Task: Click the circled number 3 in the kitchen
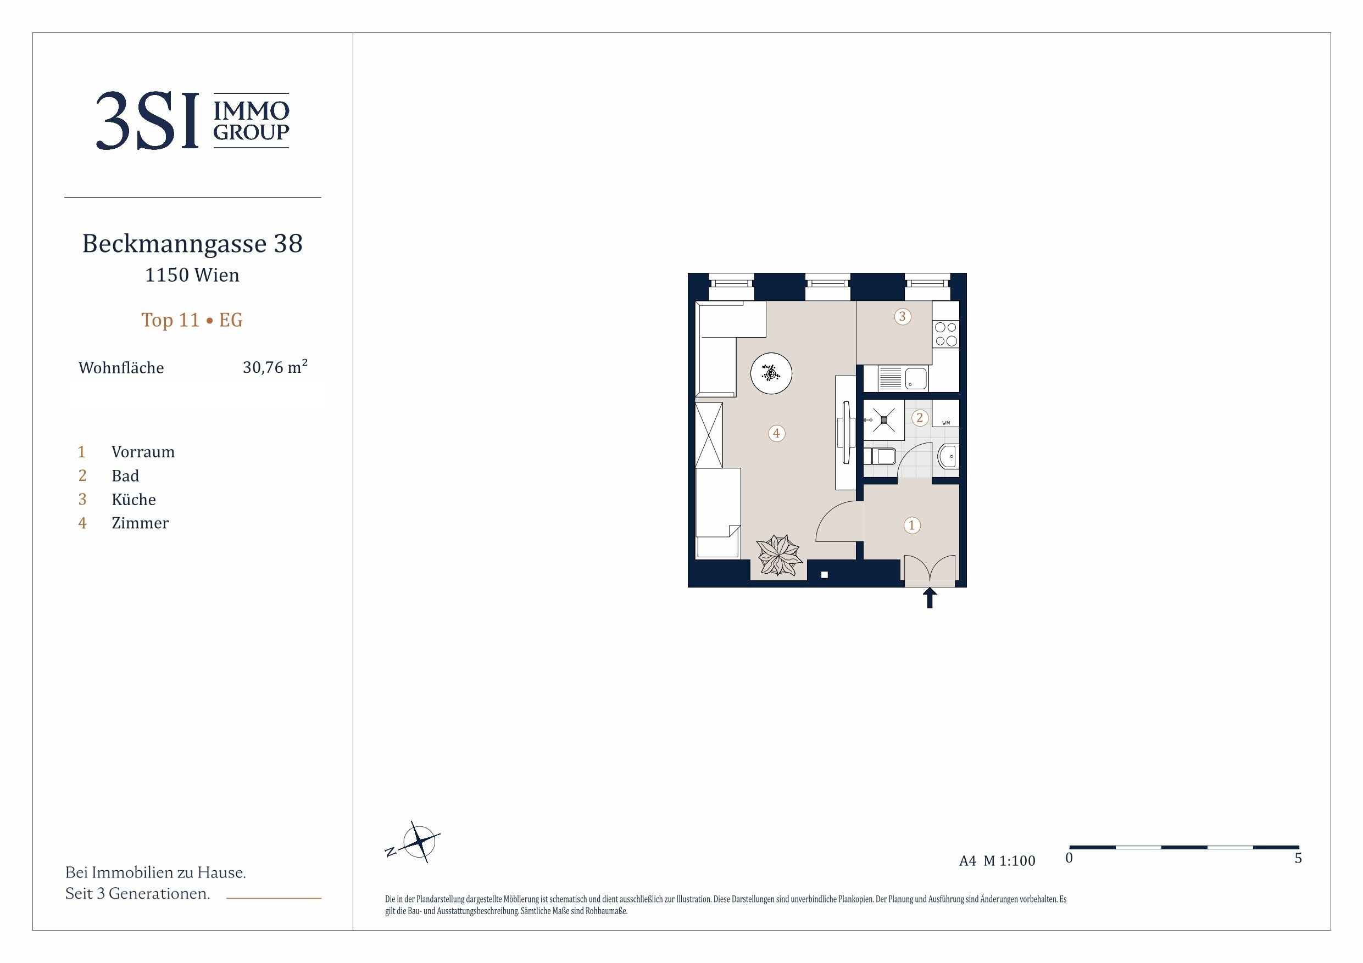[902, 316]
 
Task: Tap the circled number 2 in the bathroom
[920, 418]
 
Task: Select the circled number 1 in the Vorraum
[912, 525]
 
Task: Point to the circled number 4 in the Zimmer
[776, 433]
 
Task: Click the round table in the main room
[771, 373]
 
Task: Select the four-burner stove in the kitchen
[945, 333]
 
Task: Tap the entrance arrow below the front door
[930, 597]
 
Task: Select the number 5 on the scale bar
[1298, 858]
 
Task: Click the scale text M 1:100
[1009, 861]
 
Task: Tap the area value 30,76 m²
[275, 367]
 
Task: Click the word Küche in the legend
[133, 499]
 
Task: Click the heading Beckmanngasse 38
[192, 243]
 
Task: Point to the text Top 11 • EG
[192, 320]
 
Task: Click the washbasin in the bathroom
[948, 457]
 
